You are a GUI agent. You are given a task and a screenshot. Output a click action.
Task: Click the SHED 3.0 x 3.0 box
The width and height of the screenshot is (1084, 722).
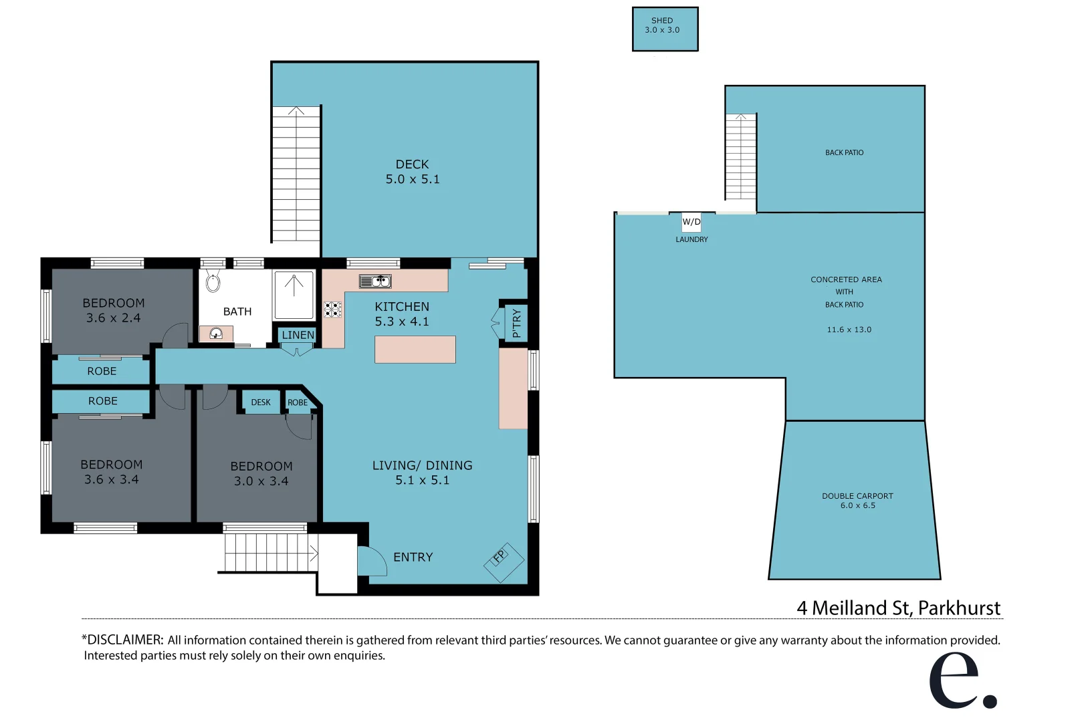point(665,29)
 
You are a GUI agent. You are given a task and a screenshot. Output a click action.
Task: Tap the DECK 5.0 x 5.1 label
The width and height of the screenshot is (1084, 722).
point(412,172)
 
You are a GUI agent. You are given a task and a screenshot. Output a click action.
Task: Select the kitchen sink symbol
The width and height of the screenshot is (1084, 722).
point(375,281)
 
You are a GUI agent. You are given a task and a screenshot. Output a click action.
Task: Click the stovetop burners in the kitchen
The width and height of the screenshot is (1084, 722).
point(332,309)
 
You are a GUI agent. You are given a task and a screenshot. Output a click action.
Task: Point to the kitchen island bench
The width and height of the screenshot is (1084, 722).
point(415,350)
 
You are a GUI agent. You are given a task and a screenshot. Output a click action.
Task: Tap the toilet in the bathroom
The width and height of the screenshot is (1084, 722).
point(213,282)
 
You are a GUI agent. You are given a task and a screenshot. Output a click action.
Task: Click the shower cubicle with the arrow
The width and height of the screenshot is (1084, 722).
point(294,295)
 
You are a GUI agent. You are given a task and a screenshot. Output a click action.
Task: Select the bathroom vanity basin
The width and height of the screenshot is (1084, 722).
point(216,334)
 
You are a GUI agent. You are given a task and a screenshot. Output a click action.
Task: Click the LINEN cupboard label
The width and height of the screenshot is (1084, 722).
point(298,335)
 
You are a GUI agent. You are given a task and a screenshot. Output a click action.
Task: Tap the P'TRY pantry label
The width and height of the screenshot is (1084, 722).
point(516,323)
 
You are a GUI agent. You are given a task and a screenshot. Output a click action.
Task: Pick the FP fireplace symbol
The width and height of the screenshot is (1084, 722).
point(504,562)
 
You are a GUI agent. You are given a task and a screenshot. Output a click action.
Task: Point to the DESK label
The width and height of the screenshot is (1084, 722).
point(261,402)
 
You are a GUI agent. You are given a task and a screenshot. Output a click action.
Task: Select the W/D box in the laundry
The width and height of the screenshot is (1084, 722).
point(691,222)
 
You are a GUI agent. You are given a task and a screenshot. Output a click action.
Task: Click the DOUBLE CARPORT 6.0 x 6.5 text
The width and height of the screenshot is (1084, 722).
point(857,501)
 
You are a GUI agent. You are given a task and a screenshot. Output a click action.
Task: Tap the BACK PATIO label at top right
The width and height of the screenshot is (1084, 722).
point(844,152)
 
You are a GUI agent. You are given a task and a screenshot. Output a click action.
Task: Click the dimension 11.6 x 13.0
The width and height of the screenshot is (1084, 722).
point(849,330)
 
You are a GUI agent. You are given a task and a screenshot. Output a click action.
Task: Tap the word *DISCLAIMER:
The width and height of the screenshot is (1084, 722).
point(122,640)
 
